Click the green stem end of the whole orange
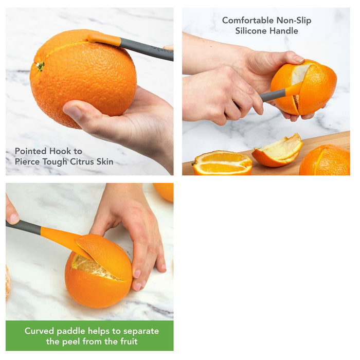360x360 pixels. [40, 66]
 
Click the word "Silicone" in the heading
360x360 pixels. [253, 31]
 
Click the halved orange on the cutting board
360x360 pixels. [222, 163]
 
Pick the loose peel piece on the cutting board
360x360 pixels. [278, 152]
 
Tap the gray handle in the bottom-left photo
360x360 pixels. [23, 227]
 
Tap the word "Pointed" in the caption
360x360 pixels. [30, 151]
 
